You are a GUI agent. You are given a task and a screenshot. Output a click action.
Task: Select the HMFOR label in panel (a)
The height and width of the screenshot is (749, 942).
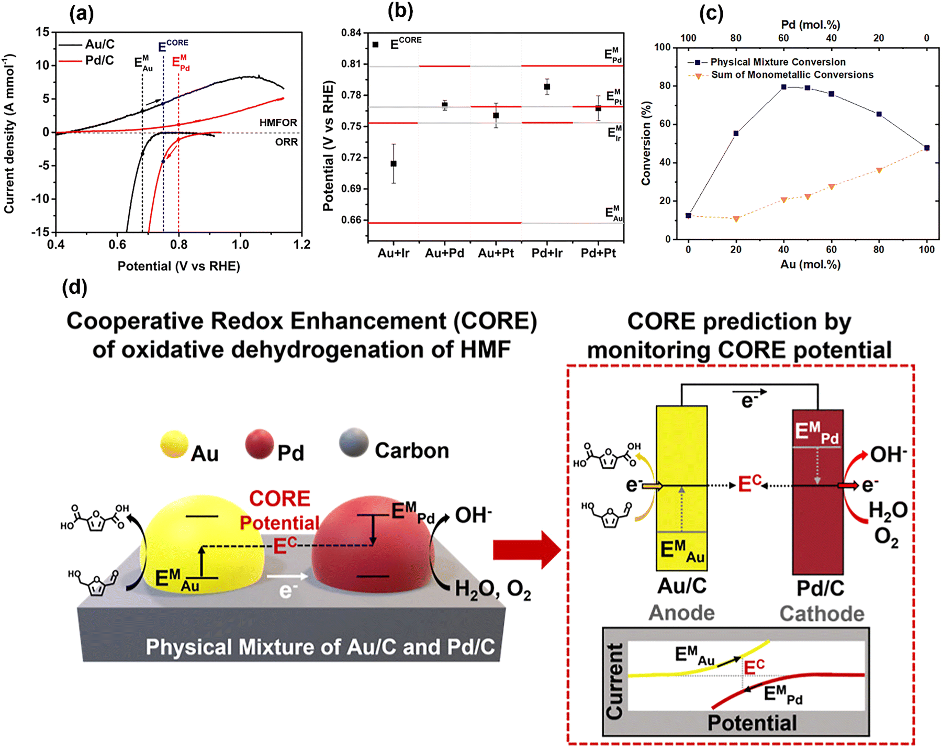pos(278,123)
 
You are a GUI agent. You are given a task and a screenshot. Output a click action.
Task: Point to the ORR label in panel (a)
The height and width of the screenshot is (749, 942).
pos(286,142)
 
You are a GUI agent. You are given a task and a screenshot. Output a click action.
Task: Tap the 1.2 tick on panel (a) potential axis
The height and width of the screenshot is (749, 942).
pos(302,245)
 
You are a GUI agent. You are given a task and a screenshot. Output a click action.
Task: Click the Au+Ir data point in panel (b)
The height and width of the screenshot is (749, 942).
pos(394,163)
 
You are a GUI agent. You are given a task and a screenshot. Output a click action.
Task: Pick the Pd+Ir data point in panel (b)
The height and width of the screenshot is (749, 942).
pos(547,87)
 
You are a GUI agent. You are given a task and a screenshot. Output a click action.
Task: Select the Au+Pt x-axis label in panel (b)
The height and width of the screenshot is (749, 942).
pos(496,254)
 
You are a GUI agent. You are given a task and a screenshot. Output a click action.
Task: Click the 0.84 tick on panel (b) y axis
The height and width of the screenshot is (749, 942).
pos(351,33)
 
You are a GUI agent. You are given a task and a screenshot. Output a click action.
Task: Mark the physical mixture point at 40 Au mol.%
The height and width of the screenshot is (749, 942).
pos(784,87)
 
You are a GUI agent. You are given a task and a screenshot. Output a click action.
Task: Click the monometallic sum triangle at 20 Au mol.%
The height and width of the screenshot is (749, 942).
pos(736,219)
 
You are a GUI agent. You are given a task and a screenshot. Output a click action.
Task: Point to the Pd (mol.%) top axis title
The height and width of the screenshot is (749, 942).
pos(810,25)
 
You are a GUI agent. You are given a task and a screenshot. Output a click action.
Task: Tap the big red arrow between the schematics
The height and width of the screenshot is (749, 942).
pos(526,549)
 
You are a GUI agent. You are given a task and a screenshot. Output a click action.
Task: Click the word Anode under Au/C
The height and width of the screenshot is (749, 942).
pos(681,613)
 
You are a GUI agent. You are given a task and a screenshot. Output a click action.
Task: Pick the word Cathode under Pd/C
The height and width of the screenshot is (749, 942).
pos(822,613)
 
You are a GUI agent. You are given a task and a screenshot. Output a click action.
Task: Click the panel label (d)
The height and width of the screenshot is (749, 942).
pos(74,287)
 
